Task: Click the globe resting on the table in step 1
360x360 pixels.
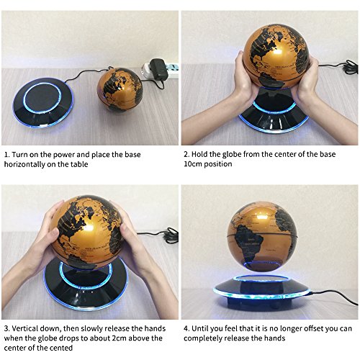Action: coord(120,90)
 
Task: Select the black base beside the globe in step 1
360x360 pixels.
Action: coord(43,102)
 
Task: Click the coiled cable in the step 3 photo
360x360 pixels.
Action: coord(171,235)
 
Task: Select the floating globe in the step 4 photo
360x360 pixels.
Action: coord(263,236)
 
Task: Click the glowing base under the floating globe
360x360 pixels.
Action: coord(262,292)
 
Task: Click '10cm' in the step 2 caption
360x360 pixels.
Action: coord(192,164)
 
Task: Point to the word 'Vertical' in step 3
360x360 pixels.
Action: coord(24,328)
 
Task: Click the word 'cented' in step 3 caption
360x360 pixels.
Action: coord(62,348)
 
